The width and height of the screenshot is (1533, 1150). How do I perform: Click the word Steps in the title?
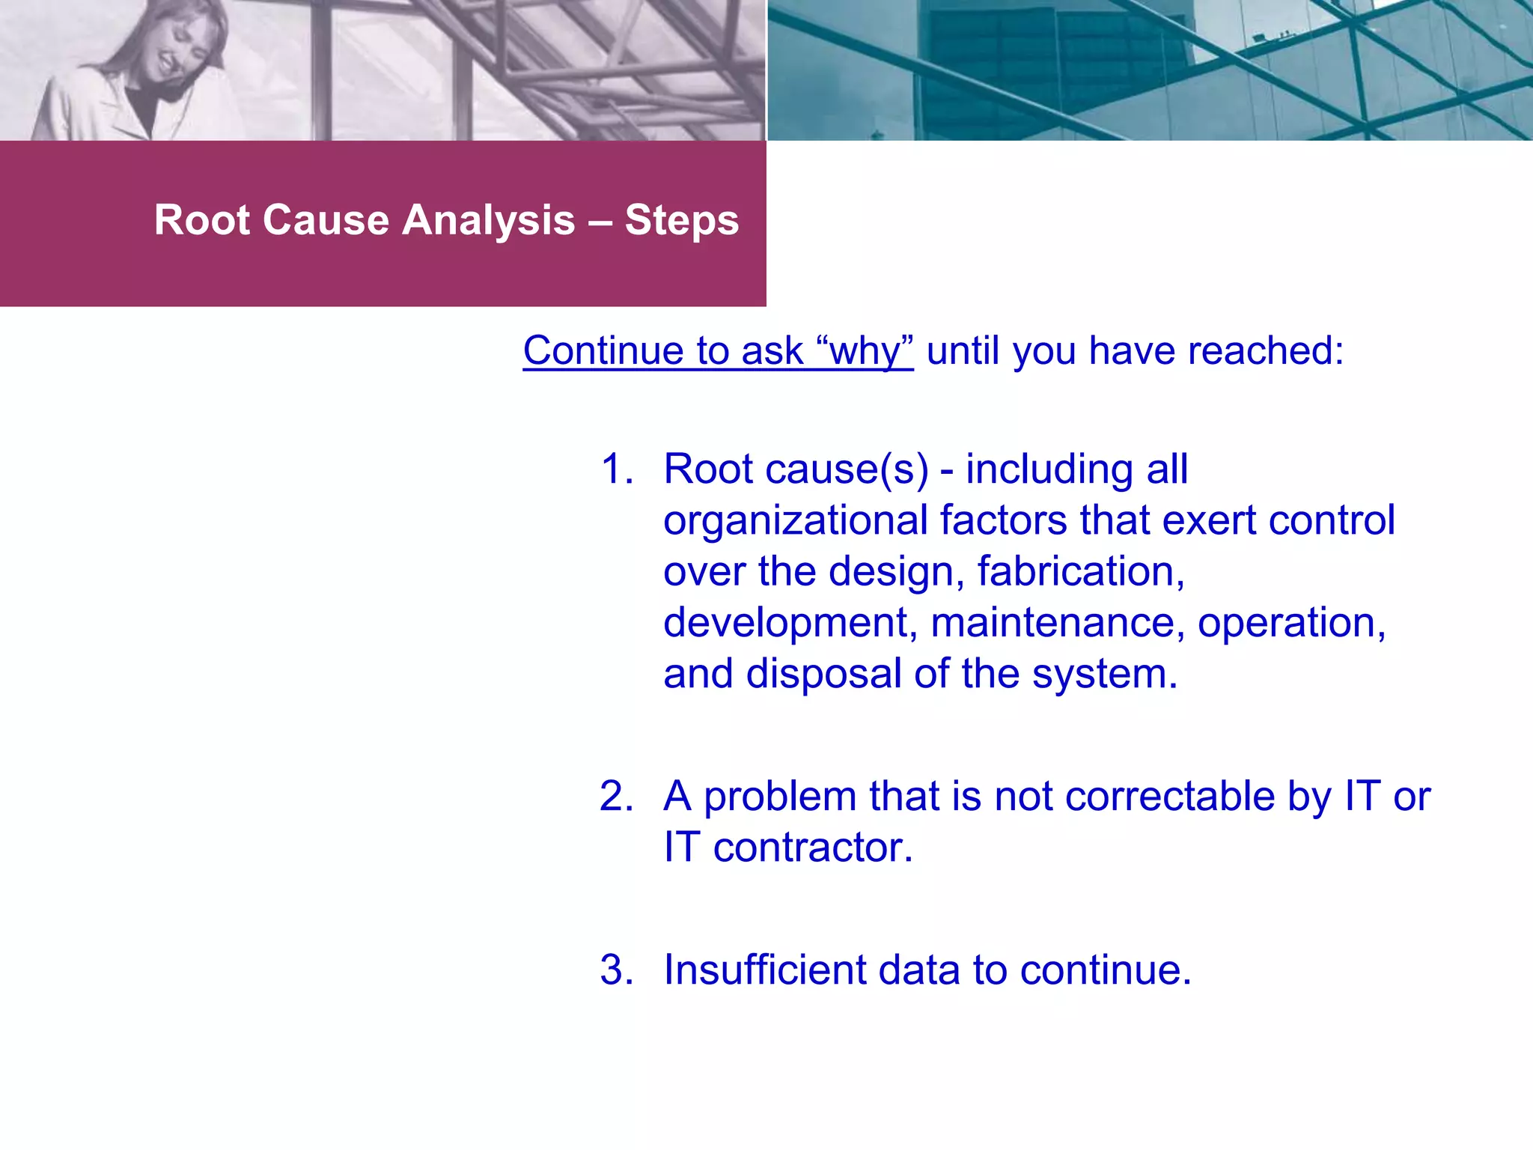point(681,221)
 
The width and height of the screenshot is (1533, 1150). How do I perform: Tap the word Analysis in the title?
point(489,221)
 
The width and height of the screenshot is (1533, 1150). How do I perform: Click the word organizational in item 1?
point(795,521)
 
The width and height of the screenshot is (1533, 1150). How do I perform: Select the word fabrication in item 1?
point(1079,572)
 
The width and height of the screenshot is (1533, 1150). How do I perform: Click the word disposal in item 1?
point(823,674)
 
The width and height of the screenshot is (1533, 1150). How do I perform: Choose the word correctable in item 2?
point(1169,797)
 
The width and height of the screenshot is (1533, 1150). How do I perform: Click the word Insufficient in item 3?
point(764,970)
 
